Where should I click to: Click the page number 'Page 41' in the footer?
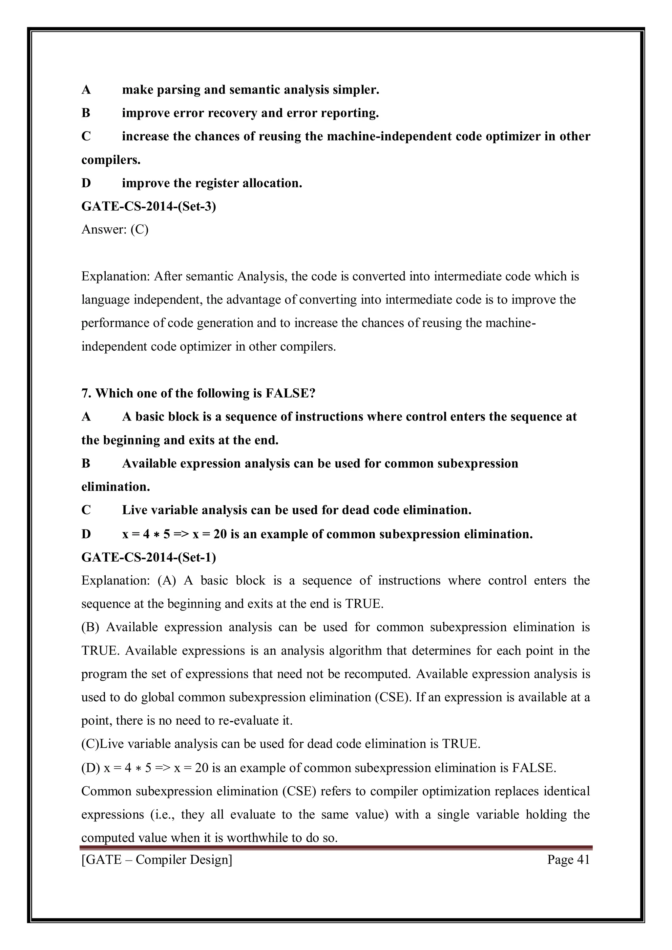[x=568, y=859]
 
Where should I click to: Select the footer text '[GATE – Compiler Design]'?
[x=157, y=859]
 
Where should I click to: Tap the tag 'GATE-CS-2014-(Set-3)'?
[x=149, y=206]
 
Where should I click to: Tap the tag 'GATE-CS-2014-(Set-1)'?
[x=149, y=557]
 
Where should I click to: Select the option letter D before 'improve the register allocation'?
[x=86, y=183]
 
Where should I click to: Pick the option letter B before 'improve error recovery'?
[x=86, y=113]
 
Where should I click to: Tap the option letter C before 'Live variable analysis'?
[x=86, y=510]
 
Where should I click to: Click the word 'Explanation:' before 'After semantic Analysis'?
[x=115, y=276]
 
